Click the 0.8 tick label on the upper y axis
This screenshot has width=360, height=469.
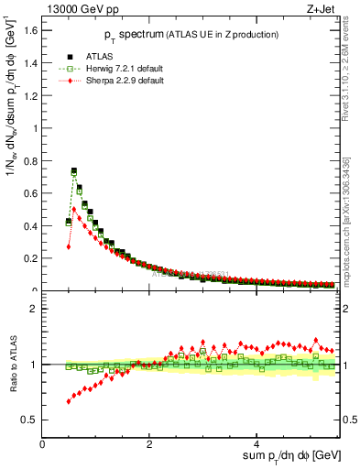click(x=31, y=160)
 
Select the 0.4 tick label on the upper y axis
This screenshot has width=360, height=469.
click(x=31, y=225)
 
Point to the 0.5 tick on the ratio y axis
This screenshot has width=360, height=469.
click(x=31, y=420)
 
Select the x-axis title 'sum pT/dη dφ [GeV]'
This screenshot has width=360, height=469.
click(x=279, y=455)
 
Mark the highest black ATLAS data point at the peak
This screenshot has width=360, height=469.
click(x=74, y=170)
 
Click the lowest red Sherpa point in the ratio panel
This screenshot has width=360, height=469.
click(x=69, y=401)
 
